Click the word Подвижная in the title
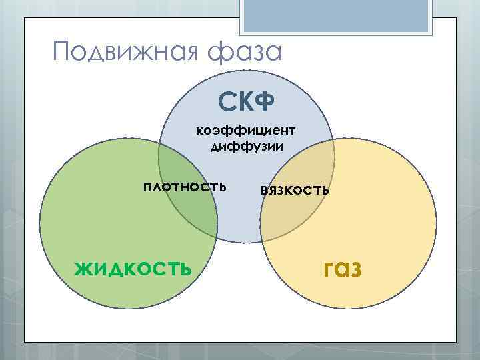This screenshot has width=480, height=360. [125, 51]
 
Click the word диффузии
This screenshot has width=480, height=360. [246, 145]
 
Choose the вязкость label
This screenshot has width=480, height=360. [295, 189]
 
